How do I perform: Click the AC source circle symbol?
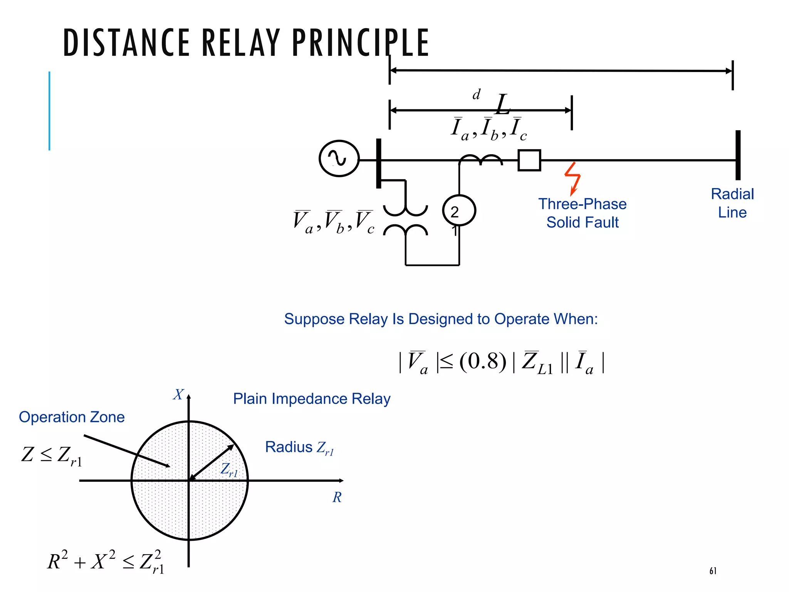339,158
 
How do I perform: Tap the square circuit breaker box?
529,160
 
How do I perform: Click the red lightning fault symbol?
573,178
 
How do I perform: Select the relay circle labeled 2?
459,211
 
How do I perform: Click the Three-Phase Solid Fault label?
582,213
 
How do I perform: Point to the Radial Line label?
732,203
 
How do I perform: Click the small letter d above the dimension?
477,94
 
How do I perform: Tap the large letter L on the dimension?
503,105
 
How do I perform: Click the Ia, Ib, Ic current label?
489,129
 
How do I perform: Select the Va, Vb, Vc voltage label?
334,222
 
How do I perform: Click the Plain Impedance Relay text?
312,399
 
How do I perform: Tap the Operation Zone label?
72,417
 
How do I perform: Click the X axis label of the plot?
178,395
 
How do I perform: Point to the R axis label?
337,497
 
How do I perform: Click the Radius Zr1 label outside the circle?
299,447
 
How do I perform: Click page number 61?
713,571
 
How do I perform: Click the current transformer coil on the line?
480,160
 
